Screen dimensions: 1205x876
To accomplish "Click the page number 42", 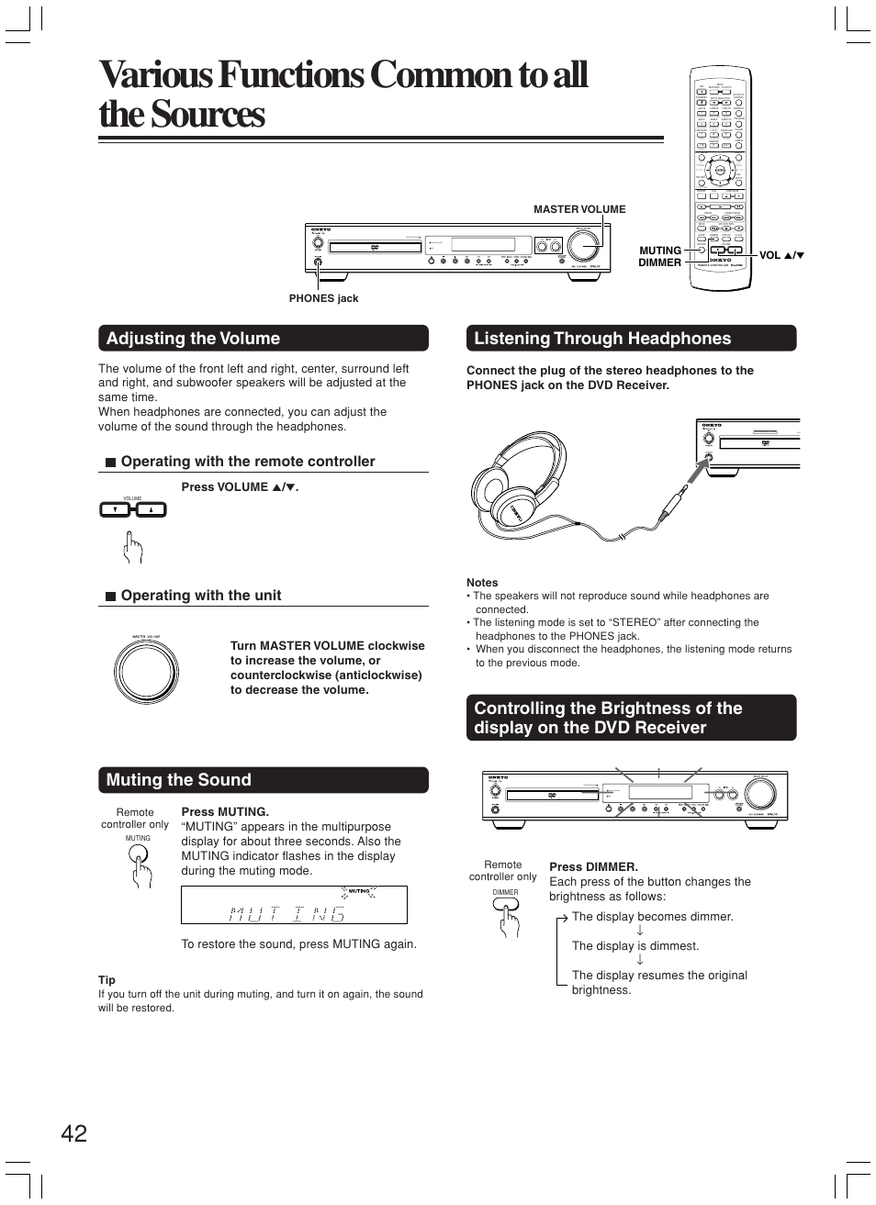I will coord(74,1133).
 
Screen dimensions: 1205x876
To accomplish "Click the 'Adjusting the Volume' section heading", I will coord(194,339).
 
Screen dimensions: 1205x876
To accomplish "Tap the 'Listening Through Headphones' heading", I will coord(602,339).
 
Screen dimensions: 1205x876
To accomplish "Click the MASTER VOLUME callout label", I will coord(579,209).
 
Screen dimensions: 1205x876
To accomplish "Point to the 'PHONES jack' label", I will coord(323,298).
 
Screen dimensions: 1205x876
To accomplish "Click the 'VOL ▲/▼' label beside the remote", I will coord(781,255).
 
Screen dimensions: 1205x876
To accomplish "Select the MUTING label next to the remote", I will coord(660,250).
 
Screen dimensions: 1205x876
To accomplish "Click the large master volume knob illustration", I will coord(146,671).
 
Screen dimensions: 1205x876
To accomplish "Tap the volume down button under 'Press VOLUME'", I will coord(116,509).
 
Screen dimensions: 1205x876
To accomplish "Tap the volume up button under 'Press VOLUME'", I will coord(151,509).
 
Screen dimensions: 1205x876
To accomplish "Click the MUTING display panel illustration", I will coord(294,905).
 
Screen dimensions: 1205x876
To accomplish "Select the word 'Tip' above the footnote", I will coord(107,980).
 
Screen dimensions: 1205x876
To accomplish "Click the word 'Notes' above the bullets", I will coord(482,583).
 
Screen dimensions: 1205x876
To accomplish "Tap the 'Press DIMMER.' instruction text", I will coord(593,866).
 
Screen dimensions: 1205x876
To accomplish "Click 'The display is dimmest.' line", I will coord(635,946).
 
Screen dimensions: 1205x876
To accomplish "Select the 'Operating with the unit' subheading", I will coord(201,596).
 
